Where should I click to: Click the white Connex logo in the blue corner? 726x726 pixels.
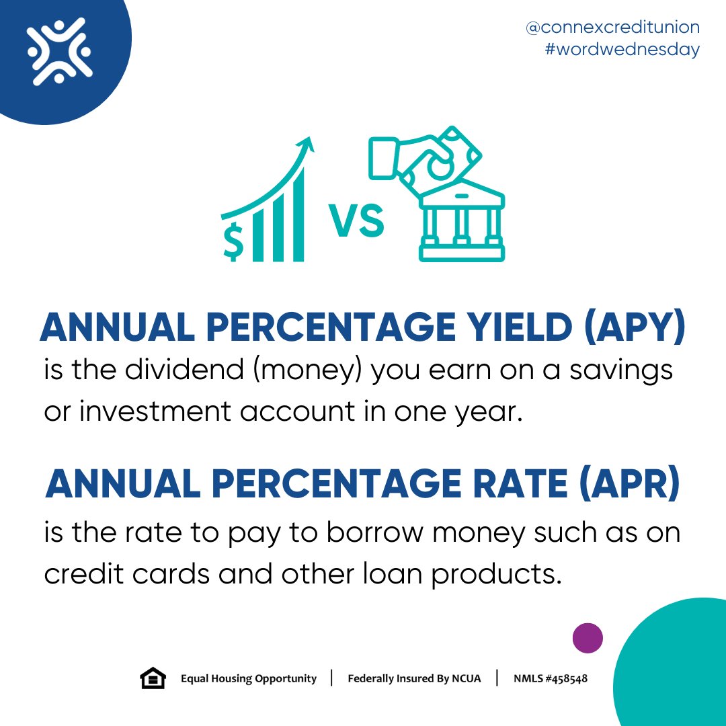pos(59,51)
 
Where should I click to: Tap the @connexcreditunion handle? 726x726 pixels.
pos(612,28)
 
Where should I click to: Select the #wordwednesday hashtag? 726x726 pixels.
pos(622,50)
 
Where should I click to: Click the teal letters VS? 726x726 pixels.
pos(356,221)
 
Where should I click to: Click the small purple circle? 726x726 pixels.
pos(588,638)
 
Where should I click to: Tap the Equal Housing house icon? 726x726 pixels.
pos(153,678)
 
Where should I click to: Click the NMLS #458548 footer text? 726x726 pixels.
pos(551,679)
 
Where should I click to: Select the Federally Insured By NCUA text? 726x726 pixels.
pos(414,679)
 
